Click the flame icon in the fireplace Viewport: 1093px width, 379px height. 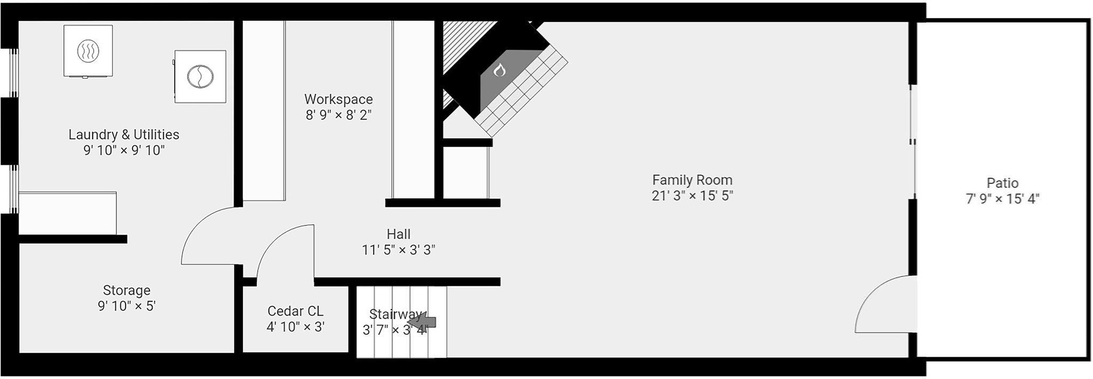coord(499,69)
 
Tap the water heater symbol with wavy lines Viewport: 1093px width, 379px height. coord(88,51)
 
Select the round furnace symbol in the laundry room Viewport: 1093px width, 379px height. coord(200,76)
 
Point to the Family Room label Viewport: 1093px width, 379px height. coord(692,180)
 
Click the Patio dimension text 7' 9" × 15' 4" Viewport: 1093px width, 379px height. coord(1003,199)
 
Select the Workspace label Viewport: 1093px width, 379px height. coord(338,99)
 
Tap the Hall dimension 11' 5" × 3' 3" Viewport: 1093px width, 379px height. coord(399,249)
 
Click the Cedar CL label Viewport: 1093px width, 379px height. coord(295,311)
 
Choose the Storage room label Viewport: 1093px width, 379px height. coord(126,291)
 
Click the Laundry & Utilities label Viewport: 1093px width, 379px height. coord(124,134)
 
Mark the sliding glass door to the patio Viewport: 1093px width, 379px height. coord(913,142)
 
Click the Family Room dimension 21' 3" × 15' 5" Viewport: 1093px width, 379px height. coord(692,196)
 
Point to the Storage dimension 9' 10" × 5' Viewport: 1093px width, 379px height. coord(126,306)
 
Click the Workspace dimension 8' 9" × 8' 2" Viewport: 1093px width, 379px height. coord(338,115)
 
